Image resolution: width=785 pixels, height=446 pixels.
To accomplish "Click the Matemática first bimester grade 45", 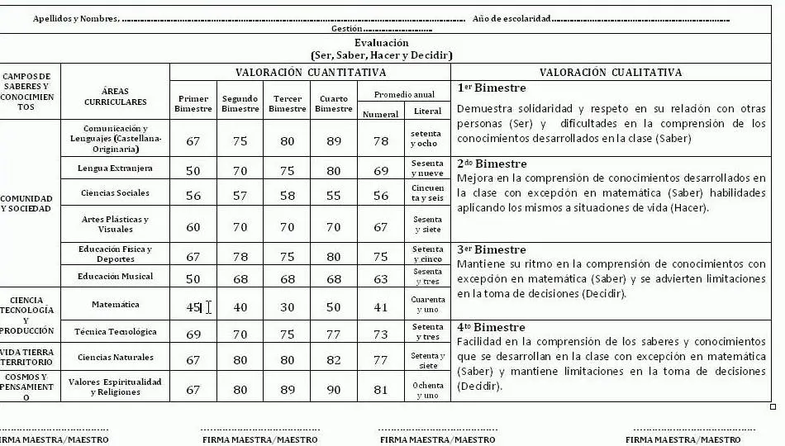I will click(x=193, y=307).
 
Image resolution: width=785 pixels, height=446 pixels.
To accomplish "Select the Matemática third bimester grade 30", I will click(x=287, y=307).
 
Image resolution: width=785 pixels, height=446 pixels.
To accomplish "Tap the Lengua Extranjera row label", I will click(x=115, y=168).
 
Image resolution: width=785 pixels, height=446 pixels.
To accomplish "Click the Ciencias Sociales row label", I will click(x=115, y=193).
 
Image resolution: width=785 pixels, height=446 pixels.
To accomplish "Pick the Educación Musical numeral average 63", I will click(x=380, y=279).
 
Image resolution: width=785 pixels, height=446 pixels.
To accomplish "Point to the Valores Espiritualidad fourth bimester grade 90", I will click(x=333, y=389).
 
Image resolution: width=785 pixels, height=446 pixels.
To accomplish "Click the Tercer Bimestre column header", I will click(x=287, y=103).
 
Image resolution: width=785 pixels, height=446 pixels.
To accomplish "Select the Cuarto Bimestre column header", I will click(x=333, y=103).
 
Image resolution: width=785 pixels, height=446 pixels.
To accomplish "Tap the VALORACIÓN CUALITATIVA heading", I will click(x=611, y=73).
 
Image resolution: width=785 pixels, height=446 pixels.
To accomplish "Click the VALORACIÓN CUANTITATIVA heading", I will click(x=311, y=73).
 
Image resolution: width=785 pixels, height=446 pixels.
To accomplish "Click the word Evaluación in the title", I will click(x=381, y=43).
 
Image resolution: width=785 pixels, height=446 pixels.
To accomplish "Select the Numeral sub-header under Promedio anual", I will click(x=380, y=114).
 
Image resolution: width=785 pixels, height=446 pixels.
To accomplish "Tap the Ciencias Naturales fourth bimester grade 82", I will click(x=333, y=360).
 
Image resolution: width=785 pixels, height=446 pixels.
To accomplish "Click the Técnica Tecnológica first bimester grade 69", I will click(x=193, y=334).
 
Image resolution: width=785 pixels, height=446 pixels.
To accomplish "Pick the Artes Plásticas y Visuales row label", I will click(x=115, y=224).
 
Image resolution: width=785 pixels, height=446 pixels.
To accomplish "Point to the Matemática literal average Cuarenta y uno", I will click(x=427, y=305).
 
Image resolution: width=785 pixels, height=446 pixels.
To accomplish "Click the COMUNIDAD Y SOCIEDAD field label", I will click(x=26, y=203).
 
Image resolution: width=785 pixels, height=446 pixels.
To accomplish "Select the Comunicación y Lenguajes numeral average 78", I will click(x=380, y=141).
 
